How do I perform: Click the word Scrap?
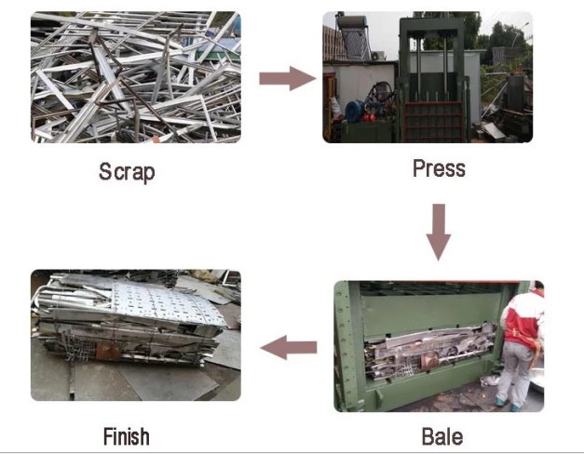tap(127, 172)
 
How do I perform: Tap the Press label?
tap(439, 168)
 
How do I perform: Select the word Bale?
tap(442, 436)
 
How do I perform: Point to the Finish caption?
tap(127, 436)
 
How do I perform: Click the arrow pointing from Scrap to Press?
tap(288, 78)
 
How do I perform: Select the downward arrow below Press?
tap(439, 233)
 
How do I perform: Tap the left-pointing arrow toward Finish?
tap(289, 348)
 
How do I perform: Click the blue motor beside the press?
tap(355, 110)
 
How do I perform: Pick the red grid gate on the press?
tap(433, 122)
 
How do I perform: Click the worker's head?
tap(538, 286)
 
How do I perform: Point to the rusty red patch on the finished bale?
tap(107, 352)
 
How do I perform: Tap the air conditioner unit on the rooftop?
tap(378, 56)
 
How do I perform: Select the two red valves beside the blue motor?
tap(370, 117)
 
